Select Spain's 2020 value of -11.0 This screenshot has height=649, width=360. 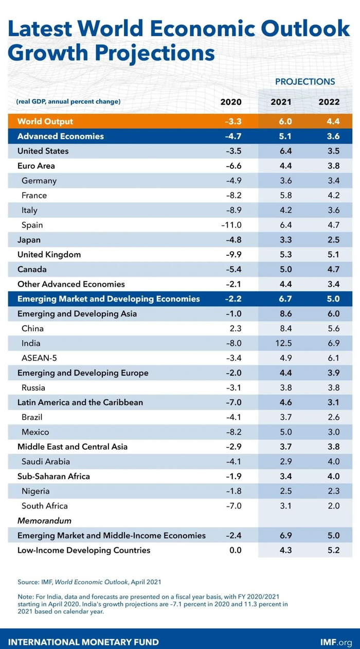[231, 225]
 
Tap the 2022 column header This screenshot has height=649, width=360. [329, 102]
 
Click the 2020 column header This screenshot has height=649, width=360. [231, 102]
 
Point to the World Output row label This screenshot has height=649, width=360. [45, 121]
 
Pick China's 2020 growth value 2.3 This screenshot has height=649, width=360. [236, 328]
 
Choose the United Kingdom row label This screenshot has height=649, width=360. [49, 255]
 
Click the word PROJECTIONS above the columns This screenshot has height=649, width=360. [305, 81]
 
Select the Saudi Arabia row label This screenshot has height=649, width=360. [46, 462]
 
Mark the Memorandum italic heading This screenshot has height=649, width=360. [44, 521]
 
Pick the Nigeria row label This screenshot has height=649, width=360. [35, 491]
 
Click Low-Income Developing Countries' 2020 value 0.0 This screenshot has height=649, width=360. [235, 550]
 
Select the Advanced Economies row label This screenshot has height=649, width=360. [61, 136]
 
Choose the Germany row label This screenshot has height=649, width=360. [39, 181]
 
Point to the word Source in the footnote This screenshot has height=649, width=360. [29, 582]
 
